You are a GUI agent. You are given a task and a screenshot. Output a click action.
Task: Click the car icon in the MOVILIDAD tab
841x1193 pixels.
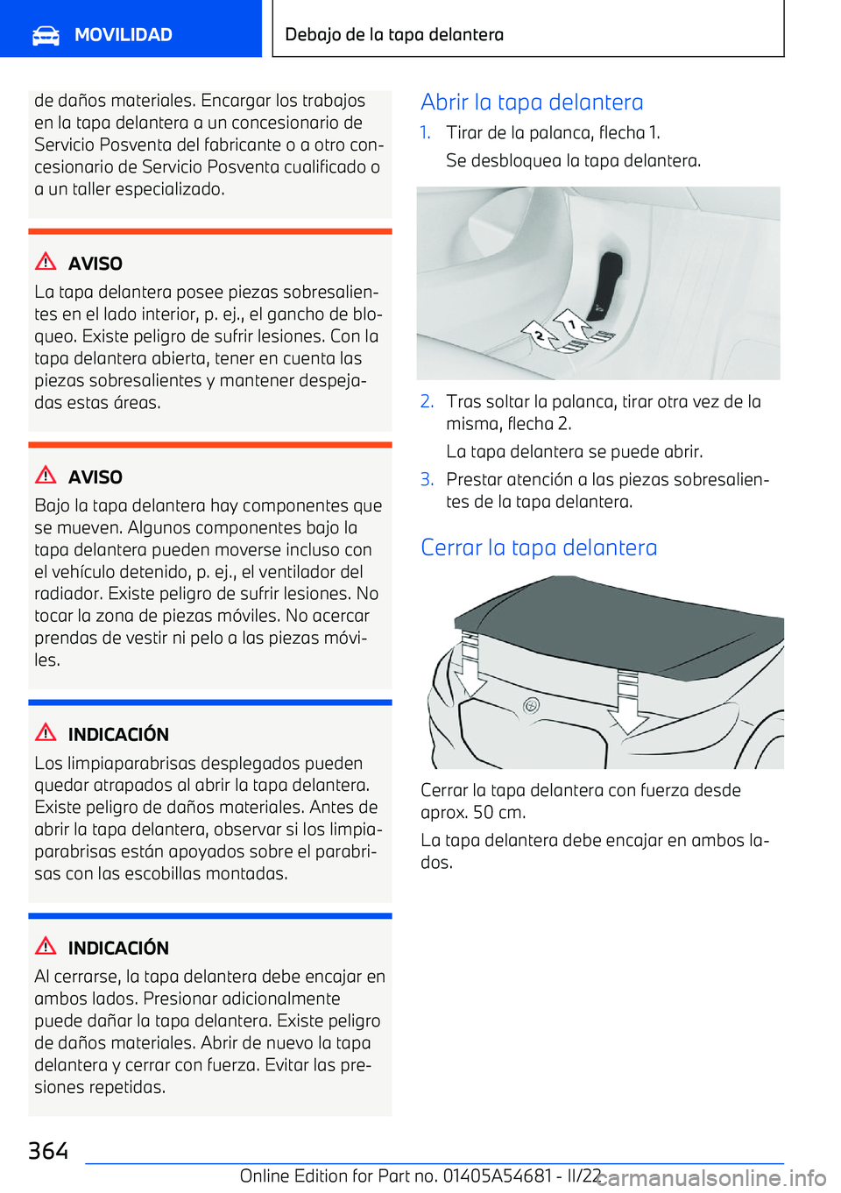(x=46, y=35)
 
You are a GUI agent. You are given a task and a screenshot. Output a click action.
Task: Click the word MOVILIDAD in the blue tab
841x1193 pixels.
(x=123, y=35)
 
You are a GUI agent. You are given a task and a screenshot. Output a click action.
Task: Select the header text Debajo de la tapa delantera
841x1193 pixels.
(x=394, y=35)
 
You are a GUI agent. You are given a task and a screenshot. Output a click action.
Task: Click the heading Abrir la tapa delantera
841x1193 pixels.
(x=532, y=102)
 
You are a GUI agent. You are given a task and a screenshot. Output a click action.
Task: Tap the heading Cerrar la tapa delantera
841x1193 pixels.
(x=539, y=547)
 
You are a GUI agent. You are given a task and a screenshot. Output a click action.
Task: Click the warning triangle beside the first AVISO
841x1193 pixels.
(x=46, y=262)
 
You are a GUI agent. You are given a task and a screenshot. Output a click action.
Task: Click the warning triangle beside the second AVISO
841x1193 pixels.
(x=46, y=476)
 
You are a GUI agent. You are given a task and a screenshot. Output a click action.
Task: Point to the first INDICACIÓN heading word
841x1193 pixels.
(x=118, y=734)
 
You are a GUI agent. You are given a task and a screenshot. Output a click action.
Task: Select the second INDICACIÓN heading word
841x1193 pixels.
(x=118, y=948)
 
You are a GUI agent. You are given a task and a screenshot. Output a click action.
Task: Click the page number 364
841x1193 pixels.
(x=48, y=1150)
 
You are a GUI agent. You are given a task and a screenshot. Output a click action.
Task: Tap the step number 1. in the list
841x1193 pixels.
(x=426, y=132)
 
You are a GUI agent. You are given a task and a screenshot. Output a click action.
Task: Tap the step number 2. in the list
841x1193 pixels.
(x=427, y=401)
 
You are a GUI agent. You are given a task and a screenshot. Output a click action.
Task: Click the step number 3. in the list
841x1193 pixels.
(x=427, y=479)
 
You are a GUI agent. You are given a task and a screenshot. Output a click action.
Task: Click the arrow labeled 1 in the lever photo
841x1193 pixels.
(x=574, y=324)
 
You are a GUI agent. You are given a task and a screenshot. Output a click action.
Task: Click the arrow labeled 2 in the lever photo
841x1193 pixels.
(x=541, y=335)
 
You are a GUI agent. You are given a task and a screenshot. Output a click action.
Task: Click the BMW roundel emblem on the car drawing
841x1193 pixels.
(x=531, y=705)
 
